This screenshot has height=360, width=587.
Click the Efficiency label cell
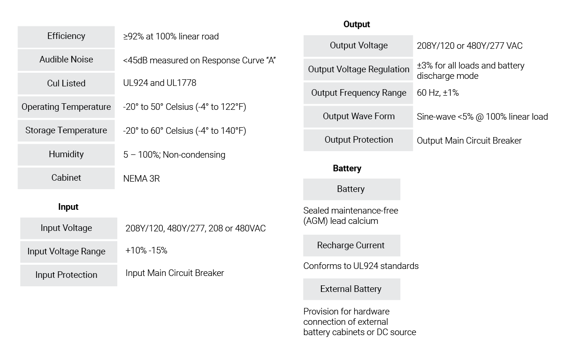66,37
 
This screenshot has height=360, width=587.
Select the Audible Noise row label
66,60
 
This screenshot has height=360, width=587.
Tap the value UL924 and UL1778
160,83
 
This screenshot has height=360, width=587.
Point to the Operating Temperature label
66,107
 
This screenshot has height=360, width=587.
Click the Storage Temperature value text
184,130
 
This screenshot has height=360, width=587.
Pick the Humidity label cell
66,154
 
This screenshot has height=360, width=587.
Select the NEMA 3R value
141,178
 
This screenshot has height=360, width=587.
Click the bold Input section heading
68,207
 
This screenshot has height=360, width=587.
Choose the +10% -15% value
146,250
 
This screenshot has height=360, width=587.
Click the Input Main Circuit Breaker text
175,273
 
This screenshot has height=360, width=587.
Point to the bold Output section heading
357,24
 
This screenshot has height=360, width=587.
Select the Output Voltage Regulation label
358,69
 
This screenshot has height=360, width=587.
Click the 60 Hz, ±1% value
438,93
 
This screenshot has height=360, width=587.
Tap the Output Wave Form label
358,117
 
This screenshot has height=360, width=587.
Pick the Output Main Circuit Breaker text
469,140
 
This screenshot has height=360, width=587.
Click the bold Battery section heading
347,169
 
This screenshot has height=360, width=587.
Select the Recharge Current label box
351,245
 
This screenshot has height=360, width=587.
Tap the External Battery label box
351,289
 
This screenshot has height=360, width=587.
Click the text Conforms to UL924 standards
361,266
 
